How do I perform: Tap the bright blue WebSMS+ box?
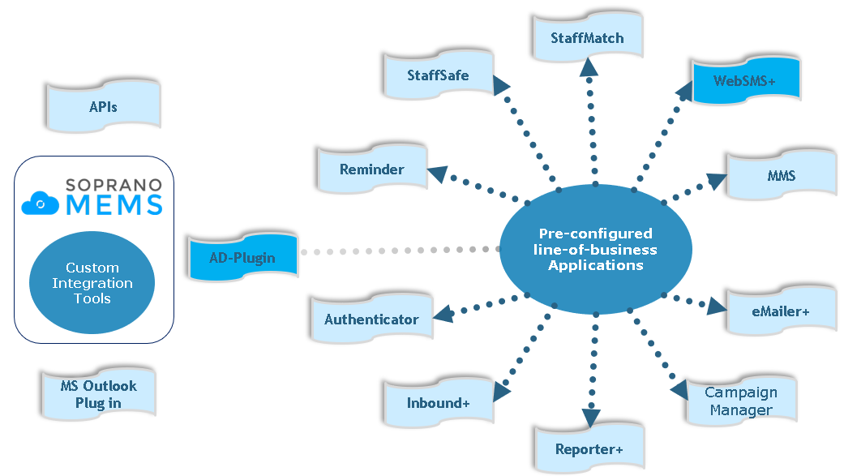click(x=745, y=80)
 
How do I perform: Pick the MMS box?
click(x=782, y=175)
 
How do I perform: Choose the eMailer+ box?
click(x=781, y=311)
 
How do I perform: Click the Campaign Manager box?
click(x=741, y=401)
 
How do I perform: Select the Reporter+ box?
click(x=589, y=449)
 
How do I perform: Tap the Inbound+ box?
click(x=439, y=403)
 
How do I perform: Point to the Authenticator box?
click(x=372, y=319)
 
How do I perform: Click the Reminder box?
click(x=372, y=169)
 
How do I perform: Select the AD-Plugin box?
click(x=242, y=258)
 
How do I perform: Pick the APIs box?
click(x=104, y=106)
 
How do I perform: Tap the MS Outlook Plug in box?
click(x=99, y=394)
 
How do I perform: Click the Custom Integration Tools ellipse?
click(x=92, y=283)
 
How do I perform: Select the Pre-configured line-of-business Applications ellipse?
click(x=596, y=250)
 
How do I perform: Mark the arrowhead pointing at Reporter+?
click(x=591, y=417)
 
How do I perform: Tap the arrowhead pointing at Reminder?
click(x=436, y=173)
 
